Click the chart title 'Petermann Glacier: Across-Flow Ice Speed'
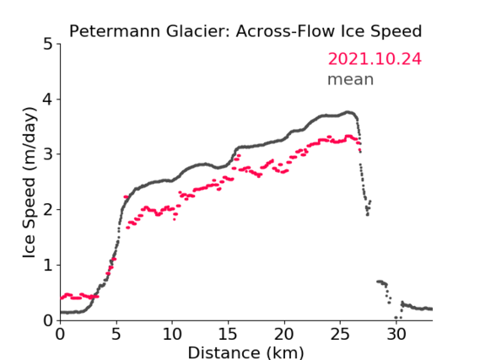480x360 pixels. click(x=245, y=31)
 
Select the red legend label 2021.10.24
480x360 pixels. click(x=375, y=59)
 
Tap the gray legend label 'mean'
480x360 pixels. click(x=351, y=79)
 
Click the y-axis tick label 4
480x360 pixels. click(x=48, y=99)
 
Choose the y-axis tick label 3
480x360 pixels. click(x=48, y=154)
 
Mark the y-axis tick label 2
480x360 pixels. click(x=48, y=210)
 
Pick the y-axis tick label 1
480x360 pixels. click(x=48, y=266)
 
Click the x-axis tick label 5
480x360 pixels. click(x=116, y=335)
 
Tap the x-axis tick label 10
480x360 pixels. click(x=172, y=335)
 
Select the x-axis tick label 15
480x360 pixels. click(x=228, y=335)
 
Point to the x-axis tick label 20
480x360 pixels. click(x=284, y=335)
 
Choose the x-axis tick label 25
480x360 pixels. click(x=340, y=335)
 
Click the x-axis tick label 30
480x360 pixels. click(x=396, y=335)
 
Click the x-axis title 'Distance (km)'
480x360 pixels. click(x=245, y=352)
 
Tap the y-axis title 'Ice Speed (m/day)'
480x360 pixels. click(x=30, y=183)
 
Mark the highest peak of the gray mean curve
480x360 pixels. click(x=348, y=112)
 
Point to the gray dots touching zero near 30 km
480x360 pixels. click(x=398, y=318)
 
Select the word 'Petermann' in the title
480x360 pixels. click(x=115, y=31)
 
